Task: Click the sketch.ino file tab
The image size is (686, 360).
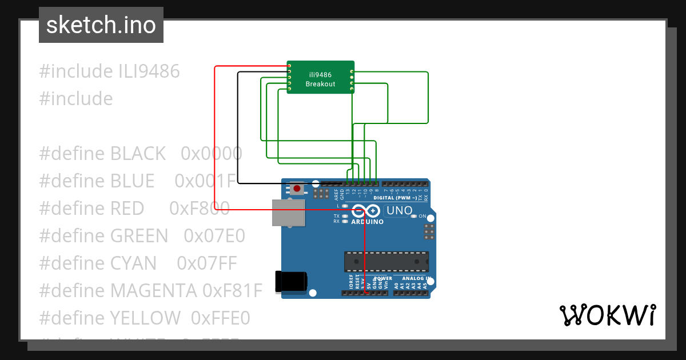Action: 101,25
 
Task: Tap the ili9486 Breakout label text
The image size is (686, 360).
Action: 320,79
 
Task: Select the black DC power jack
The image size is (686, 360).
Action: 292,282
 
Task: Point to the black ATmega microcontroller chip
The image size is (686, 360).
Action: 386,261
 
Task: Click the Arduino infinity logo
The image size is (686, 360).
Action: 366,210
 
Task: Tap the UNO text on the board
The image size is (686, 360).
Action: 399,210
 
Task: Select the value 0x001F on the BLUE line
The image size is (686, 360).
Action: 205,181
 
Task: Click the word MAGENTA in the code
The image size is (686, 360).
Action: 153,290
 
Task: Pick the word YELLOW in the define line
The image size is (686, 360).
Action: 145,318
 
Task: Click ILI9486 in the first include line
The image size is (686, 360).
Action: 149,71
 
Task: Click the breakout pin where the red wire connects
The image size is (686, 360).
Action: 290,66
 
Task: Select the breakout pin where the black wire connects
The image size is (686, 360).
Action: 290,72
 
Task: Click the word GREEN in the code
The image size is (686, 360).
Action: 139,235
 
